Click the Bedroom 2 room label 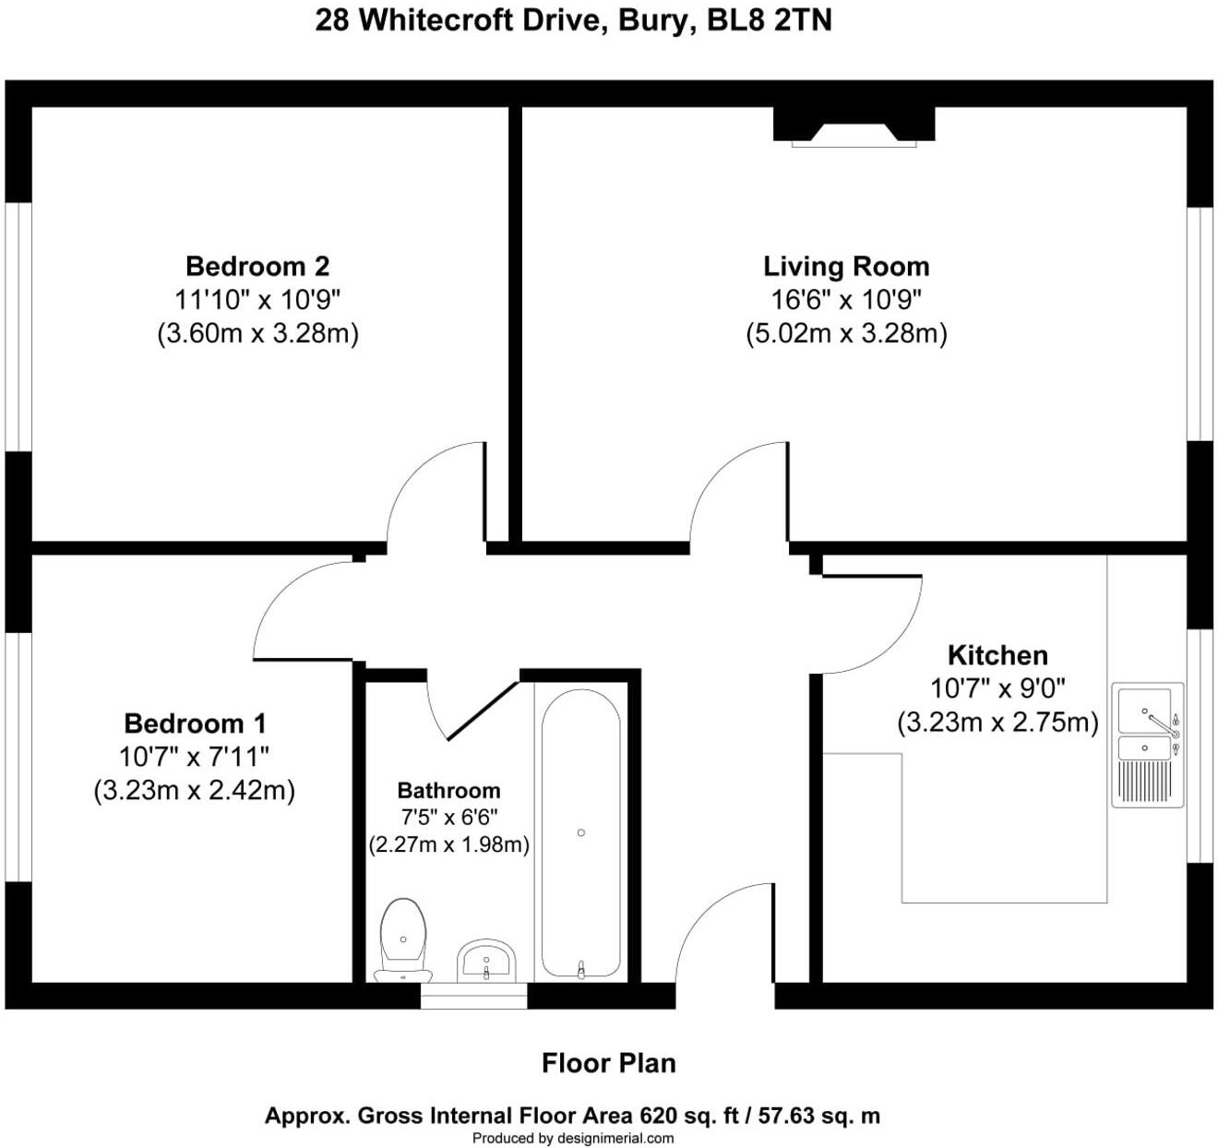(257, 266)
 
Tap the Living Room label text (845, 266)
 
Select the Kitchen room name (997, 655)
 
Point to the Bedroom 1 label (195, 723)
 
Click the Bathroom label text (448, 790)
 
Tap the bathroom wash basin (486, 962)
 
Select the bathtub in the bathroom (580, 832)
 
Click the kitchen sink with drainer (1147, 746)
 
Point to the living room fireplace (854, 126)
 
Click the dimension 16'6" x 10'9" (845, 299)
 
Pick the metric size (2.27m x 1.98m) (448, 844)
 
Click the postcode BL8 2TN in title (769, 20)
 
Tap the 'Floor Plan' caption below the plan (608, 1063)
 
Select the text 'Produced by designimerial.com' (572, 1139)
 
